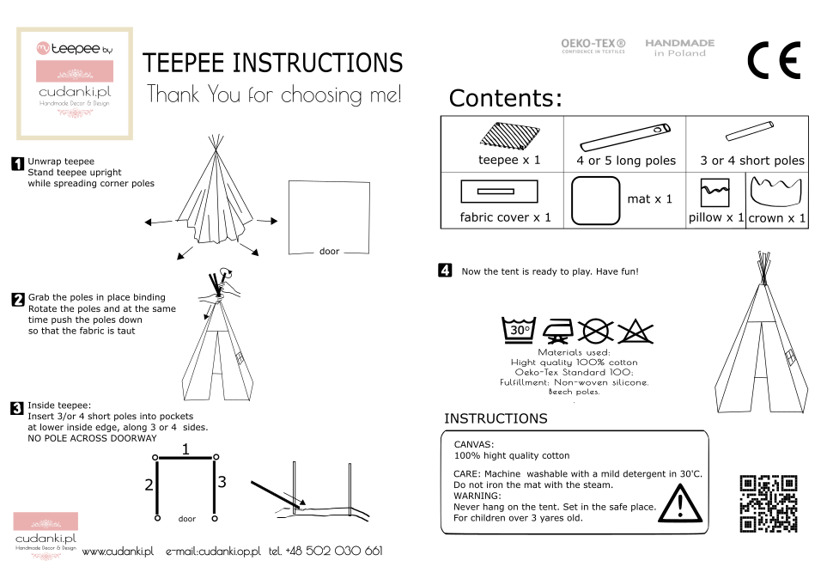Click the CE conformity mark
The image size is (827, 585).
coord(774,60)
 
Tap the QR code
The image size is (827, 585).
coord(769,503)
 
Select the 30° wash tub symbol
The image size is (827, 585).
coord(520,330)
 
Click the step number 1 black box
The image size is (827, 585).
coord(17,163)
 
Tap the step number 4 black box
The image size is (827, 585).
coord(445,271)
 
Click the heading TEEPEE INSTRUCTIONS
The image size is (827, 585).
coord(272,63)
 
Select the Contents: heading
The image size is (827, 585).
coord(505,99)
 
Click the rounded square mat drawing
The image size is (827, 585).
coord(595,200)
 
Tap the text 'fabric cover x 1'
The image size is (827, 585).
coord(506,217)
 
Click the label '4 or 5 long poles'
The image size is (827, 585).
coord(626,161)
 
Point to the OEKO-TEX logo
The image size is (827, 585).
coord(593,46)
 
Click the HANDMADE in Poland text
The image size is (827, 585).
coord(679,47)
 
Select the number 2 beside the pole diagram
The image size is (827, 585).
coord(149,485)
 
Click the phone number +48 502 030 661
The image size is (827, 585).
coord(325,551)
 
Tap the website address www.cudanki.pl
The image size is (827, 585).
coord(118,551)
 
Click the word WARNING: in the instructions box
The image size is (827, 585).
coord(479,496)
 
